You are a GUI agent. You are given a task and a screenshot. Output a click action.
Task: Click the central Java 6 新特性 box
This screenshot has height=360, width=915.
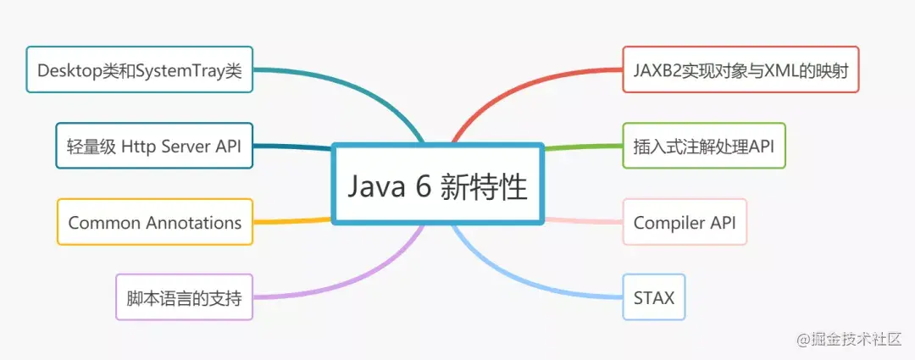click(436, 185)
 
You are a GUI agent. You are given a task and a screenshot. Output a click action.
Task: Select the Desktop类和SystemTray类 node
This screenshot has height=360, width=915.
click(140, 69)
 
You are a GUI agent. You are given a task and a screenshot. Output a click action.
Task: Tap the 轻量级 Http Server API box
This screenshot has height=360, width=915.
click(154, 146)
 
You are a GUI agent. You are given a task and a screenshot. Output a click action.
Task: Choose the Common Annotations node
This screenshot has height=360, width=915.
click(155, 223)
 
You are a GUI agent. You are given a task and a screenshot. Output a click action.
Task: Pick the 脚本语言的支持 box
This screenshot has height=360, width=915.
click(184, 297)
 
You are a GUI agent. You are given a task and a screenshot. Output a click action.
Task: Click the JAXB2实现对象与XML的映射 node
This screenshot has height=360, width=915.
click(740, 69)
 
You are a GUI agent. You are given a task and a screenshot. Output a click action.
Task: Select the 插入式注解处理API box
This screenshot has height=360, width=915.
click(703, 146)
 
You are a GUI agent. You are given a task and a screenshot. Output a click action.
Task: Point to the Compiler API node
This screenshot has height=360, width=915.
click(685, 223)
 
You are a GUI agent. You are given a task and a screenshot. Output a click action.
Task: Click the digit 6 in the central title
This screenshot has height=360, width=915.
click(424, 186)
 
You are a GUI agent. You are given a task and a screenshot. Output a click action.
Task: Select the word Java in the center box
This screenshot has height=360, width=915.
click(375, 186)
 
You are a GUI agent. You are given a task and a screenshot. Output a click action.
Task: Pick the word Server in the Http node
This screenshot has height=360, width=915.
click(191, 146)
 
